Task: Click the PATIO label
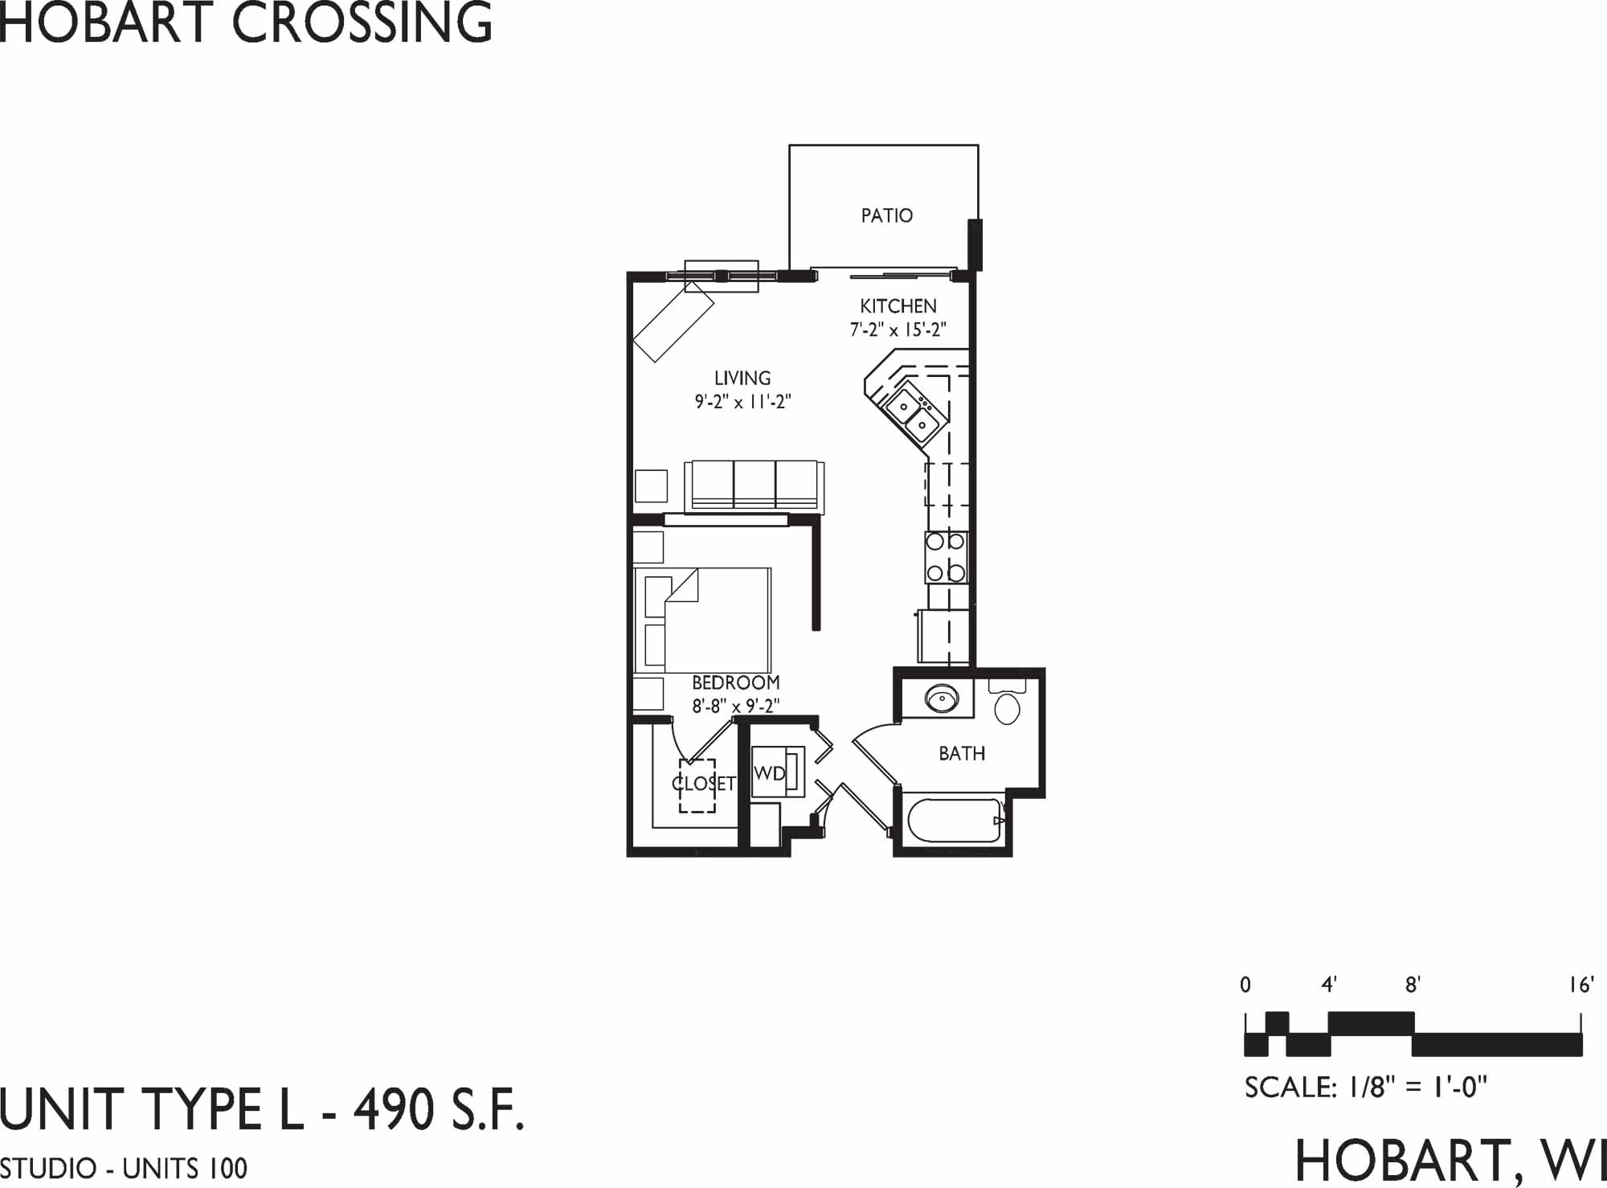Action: (886, 215)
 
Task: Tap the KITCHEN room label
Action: (898, 306)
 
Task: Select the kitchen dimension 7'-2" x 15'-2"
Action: (898, 330)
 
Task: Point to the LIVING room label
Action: (742, 378)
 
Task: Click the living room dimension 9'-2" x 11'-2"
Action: (742, 401)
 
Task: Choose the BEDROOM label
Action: (736, 682)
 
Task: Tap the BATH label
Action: (962, 753)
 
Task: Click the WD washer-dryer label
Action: (769, 773)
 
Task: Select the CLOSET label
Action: (704, 783)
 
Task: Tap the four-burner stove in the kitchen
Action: (946, 557)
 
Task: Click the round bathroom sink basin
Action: (939, 698)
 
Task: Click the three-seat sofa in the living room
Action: (754, 486)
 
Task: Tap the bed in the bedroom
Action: (703, 621)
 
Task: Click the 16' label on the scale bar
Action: (1581, 985)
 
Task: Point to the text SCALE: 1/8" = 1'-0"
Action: (1366, 1088)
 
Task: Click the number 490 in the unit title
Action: (393, 1110)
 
